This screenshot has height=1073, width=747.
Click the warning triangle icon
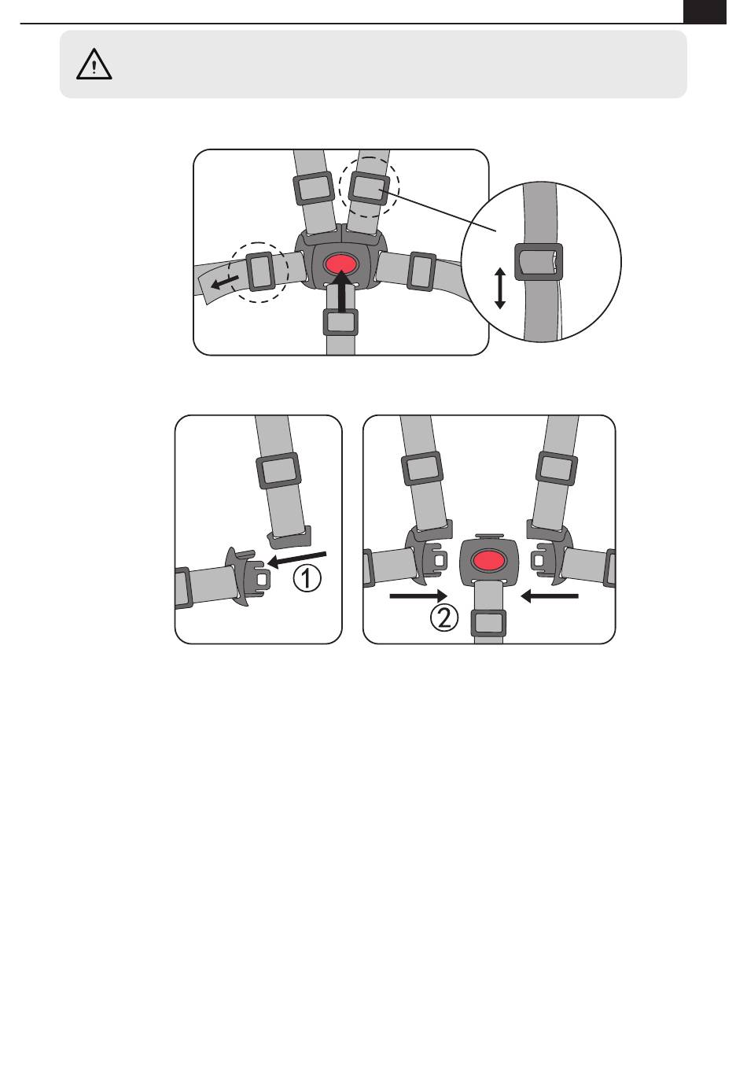(x=94, y=64)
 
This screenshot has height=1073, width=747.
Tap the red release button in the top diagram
(x=340, y=264)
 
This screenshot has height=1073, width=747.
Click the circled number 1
(x=307, y=578)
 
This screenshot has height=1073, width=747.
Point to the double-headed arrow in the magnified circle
(x=500, y=289)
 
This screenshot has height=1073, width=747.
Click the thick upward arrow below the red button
(x=341, y=291)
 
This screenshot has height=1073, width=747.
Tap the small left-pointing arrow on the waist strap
(x=225, y=282)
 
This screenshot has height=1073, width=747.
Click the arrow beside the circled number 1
(x=297, y=559)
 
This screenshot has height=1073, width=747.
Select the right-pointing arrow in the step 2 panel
(x=418, y=596)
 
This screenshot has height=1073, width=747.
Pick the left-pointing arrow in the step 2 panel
(x=549, y=596)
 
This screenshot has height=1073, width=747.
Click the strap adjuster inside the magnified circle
(x=538, y=261)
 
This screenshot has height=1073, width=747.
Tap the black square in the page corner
(x=705, y=12)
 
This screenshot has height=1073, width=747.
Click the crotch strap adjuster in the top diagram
(x=340, y=323)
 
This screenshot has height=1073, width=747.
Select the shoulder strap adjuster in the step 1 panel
(x=278, y=470)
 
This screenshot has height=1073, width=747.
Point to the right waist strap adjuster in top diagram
(x=421, y=271)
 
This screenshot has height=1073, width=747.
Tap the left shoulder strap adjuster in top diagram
(x=313, y=188)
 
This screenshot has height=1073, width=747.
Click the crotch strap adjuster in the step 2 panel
(x=489, y=623)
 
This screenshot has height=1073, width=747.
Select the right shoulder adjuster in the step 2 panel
(x=557, y=469)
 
